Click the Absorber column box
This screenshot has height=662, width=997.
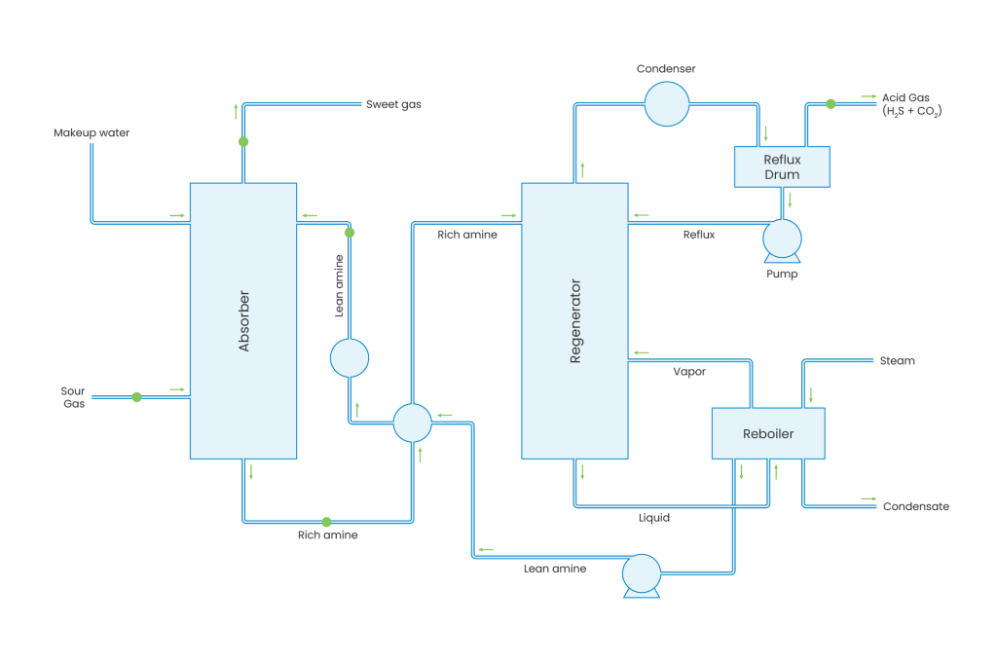click(243, 320)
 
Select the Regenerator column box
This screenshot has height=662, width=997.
click(574, 320)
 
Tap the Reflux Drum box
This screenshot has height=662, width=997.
click(781, 166)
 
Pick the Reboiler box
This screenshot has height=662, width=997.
click(768, 433)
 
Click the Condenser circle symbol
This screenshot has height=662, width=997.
click(667, 102)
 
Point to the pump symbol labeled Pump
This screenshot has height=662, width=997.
click(781, 239)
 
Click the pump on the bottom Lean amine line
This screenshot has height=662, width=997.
click(641, 574)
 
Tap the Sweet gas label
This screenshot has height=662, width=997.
click(392, 104)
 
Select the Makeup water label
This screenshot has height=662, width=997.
click(92, 132)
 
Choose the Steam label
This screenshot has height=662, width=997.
click(897, 361)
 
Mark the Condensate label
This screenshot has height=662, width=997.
click(915, 506)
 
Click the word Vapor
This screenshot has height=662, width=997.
click(689, 372)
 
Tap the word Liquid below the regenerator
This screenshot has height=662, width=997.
click(653, 519)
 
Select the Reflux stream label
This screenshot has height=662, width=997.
click(698, 235)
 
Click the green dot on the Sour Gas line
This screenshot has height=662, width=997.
click(136, 397)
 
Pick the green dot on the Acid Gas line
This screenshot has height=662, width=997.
click(830, 103)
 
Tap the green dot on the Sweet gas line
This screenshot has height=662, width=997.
click(243, 141)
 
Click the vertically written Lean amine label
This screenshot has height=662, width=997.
click(340, 285)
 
